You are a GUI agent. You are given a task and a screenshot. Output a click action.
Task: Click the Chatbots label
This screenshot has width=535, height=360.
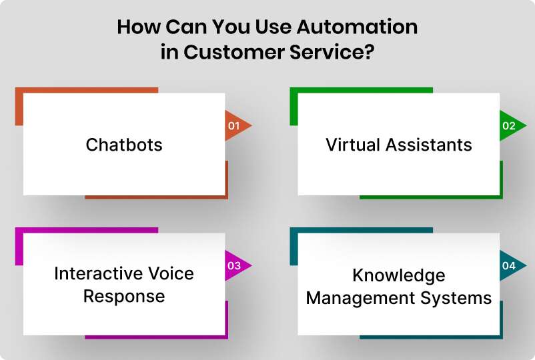click(124, 145)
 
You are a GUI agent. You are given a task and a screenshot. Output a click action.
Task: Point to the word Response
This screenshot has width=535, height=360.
click(124, 296)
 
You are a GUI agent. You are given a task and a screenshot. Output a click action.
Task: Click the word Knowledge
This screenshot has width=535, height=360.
click(398, 275)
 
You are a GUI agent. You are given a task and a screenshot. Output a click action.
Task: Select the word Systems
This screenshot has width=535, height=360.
click(460, 297)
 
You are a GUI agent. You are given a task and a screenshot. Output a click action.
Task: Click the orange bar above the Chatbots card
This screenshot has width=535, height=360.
click(87, 89)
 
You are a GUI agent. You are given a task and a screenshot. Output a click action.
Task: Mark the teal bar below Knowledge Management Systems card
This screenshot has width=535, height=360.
click(430, 337)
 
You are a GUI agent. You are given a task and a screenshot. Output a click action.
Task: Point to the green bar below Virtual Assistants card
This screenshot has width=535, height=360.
click(430, 197)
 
